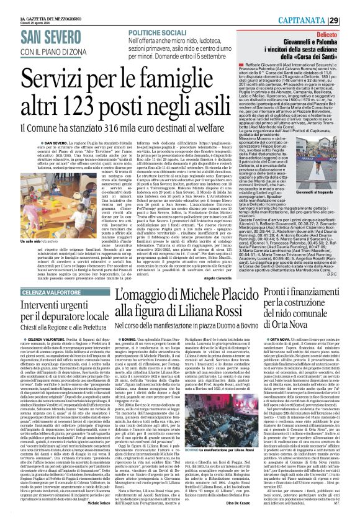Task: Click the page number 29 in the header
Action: (351, 6)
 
